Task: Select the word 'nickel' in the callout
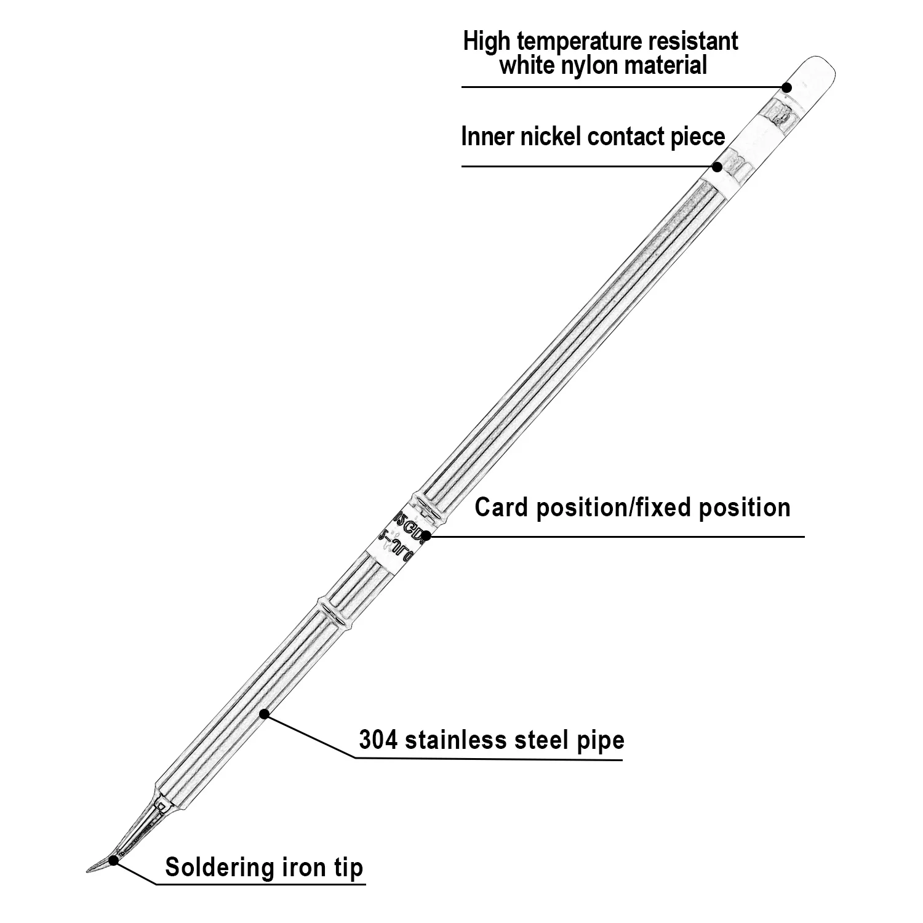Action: (x=552, y=137)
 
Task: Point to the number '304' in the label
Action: (x=378, y=740)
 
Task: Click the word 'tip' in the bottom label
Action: (x=349, y=868)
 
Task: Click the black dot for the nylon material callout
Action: (x=786, y=87)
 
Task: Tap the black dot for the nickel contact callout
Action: (x=717, y=166)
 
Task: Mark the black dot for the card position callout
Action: (x=426, y=536)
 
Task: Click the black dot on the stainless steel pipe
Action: (x=264, y=714)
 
